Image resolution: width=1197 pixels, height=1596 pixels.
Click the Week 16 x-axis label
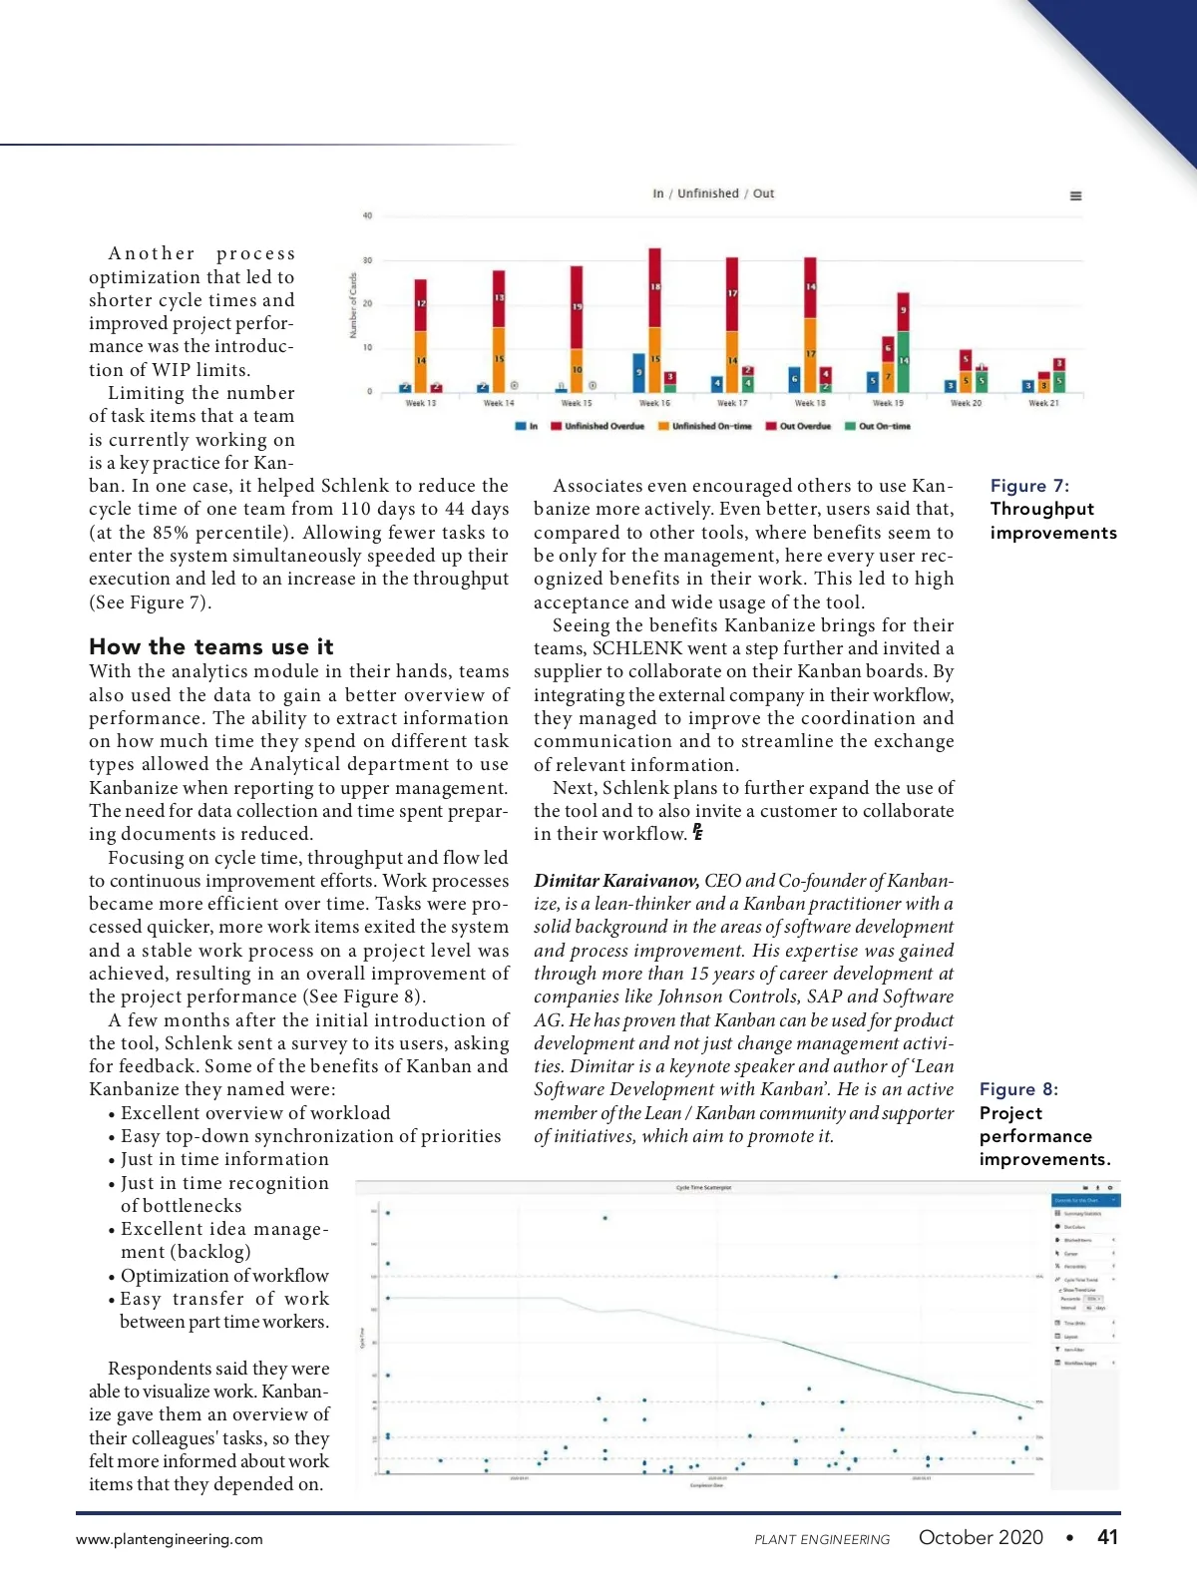pyautogui.click(x=654, y=403)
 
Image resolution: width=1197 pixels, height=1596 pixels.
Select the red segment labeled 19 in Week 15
pyautogui.click(x=577, y=307)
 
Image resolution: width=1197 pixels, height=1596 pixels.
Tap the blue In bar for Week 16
pyautogui.click(x=639, y=372)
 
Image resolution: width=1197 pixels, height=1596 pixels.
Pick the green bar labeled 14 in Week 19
pyautogui.click(x=904, y=361)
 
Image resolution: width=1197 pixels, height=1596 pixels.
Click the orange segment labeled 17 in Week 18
pyautogui.click(x=810, y=354)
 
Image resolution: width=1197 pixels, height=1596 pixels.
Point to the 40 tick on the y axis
pyautogui.click(x=367, y=215)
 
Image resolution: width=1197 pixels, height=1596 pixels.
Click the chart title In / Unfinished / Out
pyautogui.click(x=713, y=194)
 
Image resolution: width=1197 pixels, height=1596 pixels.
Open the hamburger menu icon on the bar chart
pyautogui.click(x=1075, y=197)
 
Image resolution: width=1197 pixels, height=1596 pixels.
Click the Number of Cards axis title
pyautogui.click(x=353, y=305)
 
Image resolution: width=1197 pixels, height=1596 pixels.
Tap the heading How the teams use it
pyautogui.click(x=211, y=646)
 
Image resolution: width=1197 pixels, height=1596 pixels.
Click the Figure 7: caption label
pyautogui.click(x=1029, y=486)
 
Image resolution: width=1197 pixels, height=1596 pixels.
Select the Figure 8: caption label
pyautogui.click(x=1018, y=1089)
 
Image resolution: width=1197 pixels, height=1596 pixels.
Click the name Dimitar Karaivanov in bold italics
pyautogui.click(x=615, y=881)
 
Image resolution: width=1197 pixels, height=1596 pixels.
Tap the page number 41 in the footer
pyautogui.click(x=1107, y=1537)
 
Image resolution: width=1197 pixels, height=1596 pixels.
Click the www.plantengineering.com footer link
pyautogui.click(x=170, y=1539)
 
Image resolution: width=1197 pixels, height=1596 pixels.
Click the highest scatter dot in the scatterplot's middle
pyautogui.click(x=605, y=1218)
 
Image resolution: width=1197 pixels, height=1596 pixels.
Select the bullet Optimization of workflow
pyautogui.click(x=224, y=1276)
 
